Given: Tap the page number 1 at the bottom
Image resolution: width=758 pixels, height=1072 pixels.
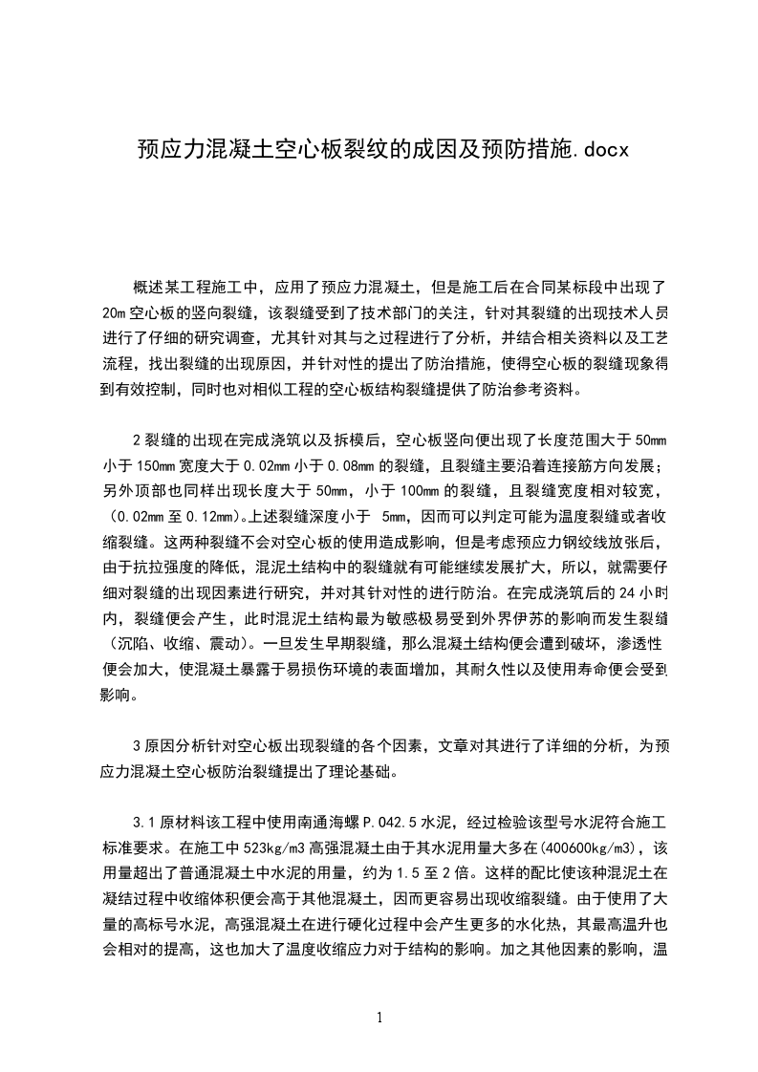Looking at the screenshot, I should (x=379, y=1017).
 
